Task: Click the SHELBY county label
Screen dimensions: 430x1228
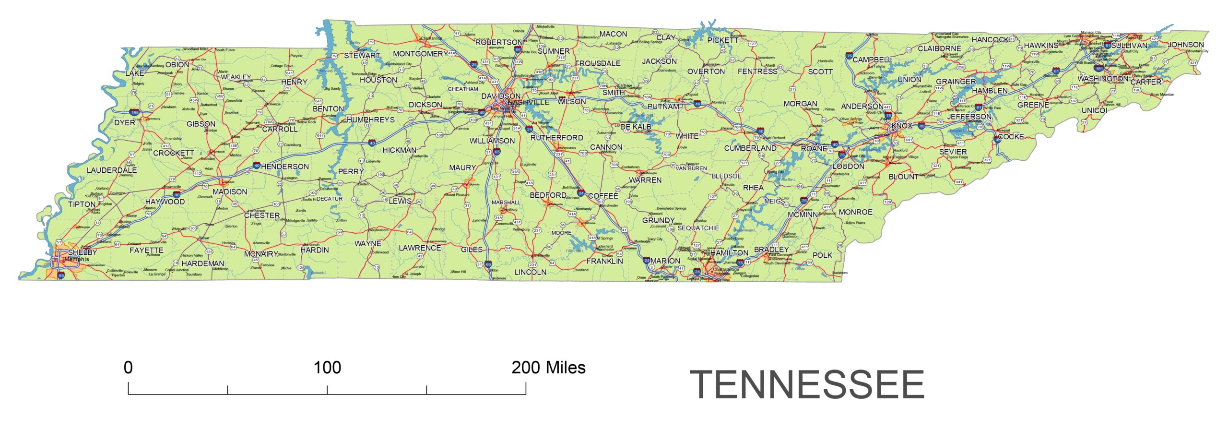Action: pos(83,252)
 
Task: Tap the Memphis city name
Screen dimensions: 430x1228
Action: pos(77,260)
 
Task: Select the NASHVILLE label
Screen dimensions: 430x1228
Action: pos(528,103)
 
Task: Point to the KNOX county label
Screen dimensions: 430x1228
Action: pos(901,126)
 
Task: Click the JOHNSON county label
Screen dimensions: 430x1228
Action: pos(1185,45)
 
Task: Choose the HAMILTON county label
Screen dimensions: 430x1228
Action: pos(729,252)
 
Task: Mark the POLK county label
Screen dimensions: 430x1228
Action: pos(822,255)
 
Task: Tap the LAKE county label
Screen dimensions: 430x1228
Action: pos(134,73)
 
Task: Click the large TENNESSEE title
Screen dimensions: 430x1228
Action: pos(807,385)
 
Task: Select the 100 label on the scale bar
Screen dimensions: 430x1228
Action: pos(327,368)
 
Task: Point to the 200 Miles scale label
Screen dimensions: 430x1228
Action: pos(548,368)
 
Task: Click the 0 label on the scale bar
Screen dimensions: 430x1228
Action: pos(128,368)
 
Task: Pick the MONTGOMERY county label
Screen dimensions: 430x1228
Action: pos(420,54)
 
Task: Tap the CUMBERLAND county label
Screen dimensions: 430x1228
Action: pos(750,148)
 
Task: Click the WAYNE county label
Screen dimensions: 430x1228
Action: pos(367,243)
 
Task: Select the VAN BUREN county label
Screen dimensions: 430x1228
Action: pos(691,168)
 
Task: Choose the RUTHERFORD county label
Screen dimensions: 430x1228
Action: pos(556,138)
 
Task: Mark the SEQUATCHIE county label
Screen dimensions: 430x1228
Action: pos(698,228)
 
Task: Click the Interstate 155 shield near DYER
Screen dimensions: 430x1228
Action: pos(135,112)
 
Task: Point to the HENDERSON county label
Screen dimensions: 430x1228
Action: pos(285,167)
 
